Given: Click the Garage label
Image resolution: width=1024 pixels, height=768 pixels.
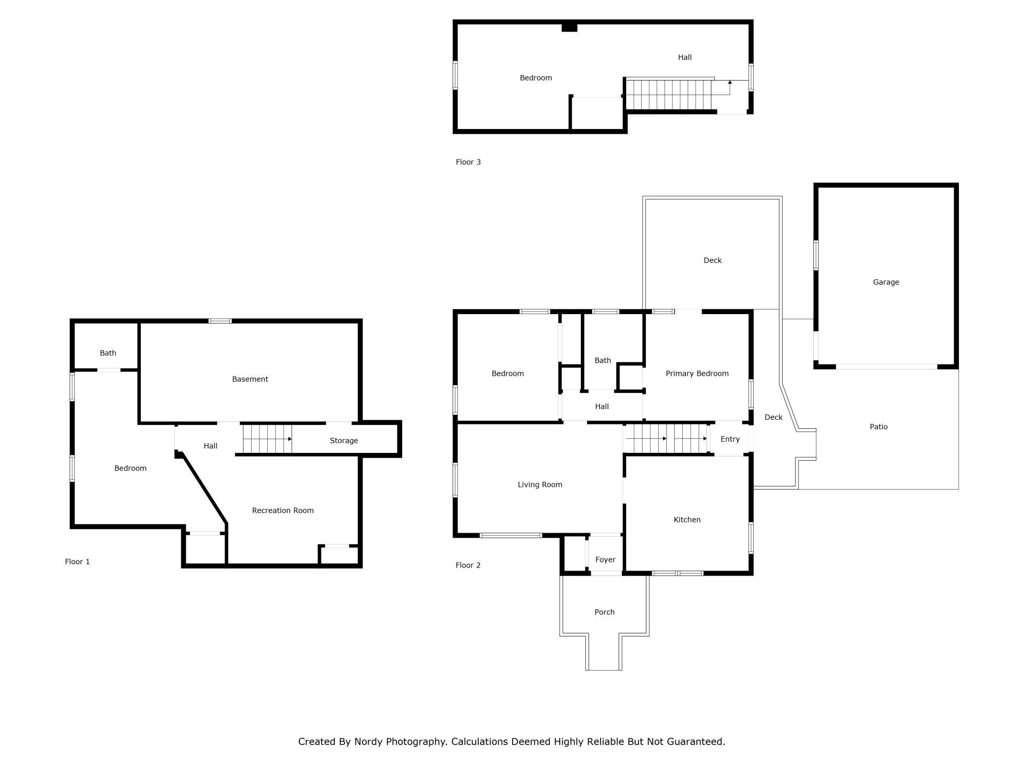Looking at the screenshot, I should tap(886, 282).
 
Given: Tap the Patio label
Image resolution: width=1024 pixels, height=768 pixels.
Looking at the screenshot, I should tap(878, 427).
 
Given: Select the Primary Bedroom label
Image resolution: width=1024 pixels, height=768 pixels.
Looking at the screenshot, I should tap(697, 374).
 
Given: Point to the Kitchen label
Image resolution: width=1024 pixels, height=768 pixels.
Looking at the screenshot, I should tap(687, 519).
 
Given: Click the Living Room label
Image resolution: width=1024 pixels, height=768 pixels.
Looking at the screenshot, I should tap(540, 484).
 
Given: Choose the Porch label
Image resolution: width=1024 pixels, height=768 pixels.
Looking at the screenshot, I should tap(604, 612).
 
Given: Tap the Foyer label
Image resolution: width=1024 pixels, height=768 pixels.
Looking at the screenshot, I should tap(605, 560).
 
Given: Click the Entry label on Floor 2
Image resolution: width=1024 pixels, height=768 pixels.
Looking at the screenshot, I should tap(730, 439).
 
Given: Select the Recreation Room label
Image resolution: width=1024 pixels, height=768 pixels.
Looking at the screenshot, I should tap(283, 511).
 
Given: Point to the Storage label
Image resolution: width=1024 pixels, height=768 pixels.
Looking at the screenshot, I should tap(344, 441).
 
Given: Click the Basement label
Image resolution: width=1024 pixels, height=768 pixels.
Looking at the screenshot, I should tap(250, 379).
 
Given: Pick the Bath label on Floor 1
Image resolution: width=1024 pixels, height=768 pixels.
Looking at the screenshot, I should tap(108, 353).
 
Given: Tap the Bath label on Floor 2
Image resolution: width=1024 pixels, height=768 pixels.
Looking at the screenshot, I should tap(603, 360).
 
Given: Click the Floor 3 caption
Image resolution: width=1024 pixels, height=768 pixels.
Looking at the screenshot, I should tap(468, 162).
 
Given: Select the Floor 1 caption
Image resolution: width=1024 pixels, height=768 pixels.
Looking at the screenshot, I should tap(77, 562).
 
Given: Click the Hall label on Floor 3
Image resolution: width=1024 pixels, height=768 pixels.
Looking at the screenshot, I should tap(684, 57).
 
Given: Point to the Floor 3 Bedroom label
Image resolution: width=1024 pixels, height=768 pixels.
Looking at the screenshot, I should tap(536, 78).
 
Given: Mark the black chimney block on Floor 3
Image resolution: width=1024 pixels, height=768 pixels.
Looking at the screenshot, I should tap(569, 28).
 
